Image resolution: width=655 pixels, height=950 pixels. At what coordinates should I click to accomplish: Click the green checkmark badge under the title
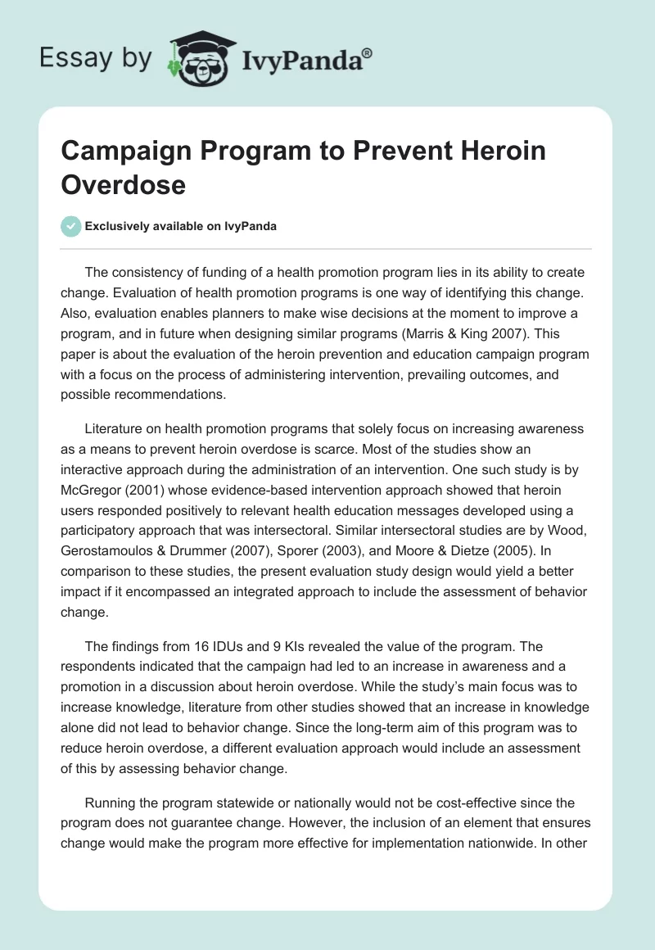71,226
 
